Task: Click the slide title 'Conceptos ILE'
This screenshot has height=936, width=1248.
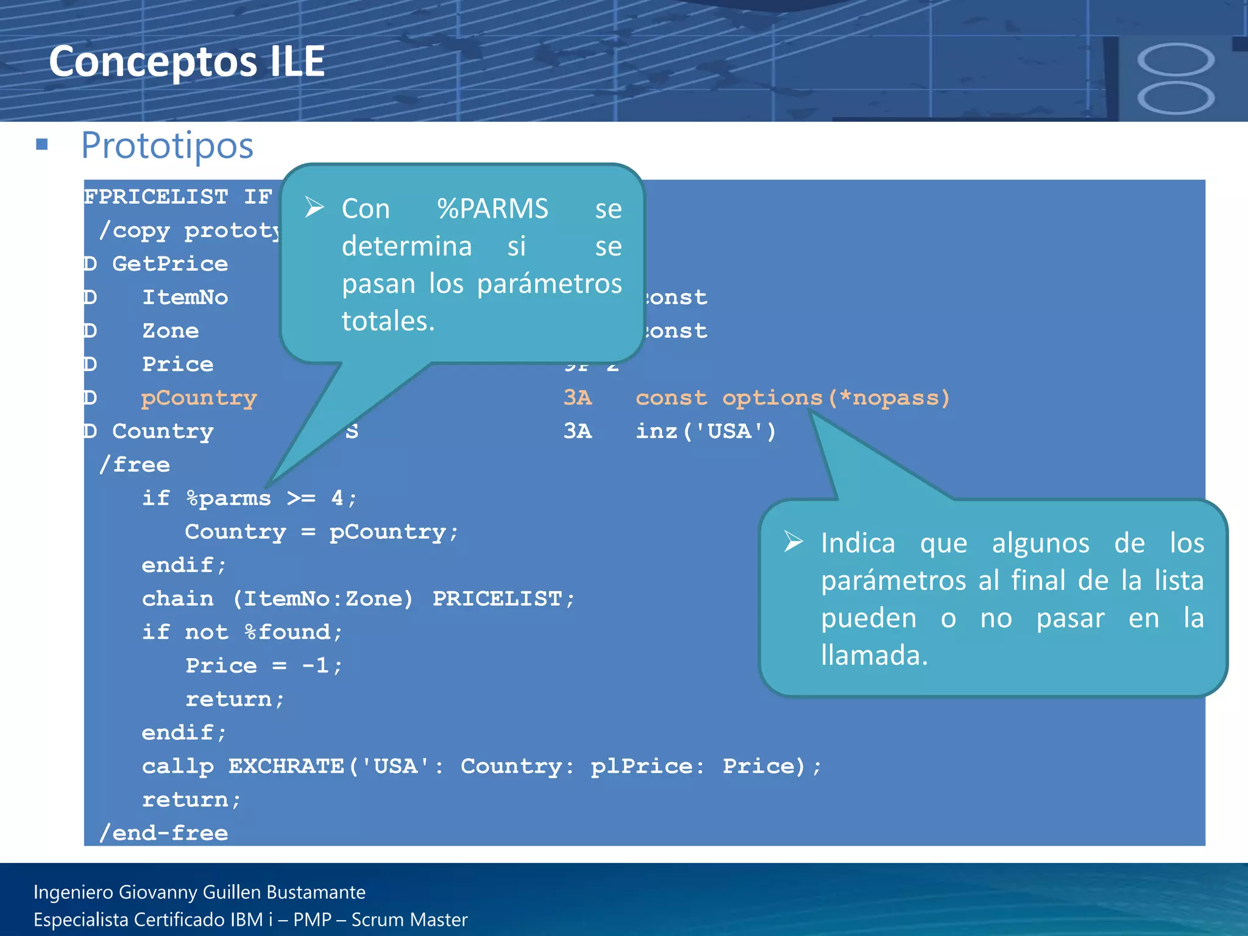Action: (x=186, y=62)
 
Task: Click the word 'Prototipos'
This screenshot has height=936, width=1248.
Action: (x=167, y=146)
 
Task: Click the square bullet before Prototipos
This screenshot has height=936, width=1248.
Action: (x=42, y=144)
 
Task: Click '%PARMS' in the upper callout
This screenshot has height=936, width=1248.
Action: (x=492, y=209)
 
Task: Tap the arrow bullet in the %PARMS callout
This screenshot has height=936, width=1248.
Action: (x=314, y=207)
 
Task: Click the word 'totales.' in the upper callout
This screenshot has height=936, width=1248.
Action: (x=388, y=321)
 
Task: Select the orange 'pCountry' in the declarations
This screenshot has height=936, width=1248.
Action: (x=199, y=398)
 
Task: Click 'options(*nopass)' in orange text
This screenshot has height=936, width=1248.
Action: (x=835, y=398)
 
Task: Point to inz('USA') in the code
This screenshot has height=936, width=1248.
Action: (x=706, y=431)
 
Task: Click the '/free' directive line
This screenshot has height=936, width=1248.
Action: (x=135, y=465)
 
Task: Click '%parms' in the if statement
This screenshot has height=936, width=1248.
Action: (x=229, y=498)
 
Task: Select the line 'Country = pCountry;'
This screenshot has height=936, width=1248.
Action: (x=321, y=532)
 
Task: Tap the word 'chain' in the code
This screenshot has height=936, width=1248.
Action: (x=177, y=599)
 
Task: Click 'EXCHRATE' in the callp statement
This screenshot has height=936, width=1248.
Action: (x=286, y=767)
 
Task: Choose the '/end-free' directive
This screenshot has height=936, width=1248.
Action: (x=164, y=833)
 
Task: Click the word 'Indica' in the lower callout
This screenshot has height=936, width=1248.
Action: (x=857, y=543)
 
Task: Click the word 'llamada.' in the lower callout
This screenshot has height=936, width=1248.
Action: (x=874, y=656)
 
